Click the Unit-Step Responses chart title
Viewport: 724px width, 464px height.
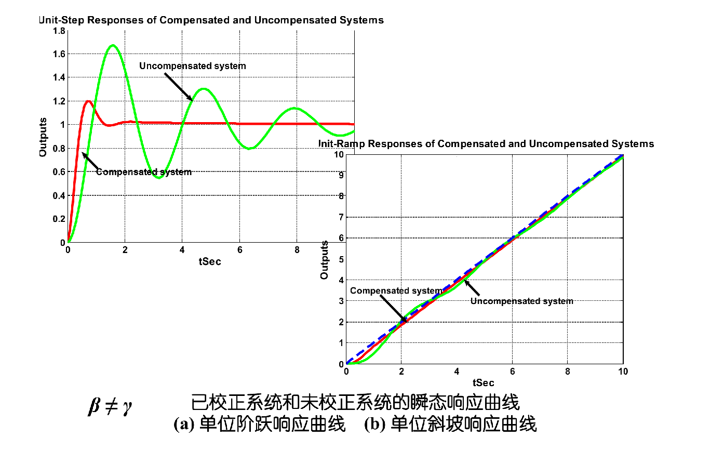211,20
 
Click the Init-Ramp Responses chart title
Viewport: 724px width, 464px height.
486,144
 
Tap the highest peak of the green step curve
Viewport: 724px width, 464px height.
113,46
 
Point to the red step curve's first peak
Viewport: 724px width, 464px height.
89,101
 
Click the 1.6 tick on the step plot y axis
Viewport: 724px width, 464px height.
59,54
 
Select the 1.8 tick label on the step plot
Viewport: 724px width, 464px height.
59,31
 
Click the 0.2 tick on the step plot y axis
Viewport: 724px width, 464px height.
59,219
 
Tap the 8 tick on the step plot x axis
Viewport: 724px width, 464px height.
297,250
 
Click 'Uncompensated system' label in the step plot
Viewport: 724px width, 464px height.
193,66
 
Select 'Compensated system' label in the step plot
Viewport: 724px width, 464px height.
144,172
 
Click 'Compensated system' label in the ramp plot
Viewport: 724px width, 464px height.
396,291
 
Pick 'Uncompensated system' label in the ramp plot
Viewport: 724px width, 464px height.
522,301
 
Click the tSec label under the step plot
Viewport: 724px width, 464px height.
210,262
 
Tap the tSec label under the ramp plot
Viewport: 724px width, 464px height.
484,383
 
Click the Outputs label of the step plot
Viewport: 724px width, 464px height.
43,137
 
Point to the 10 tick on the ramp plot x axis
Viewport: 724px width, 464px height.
623,372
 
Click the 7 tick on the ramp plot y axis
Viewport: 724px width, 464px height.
341,217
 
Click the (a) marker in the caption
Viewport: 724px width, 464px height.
183,425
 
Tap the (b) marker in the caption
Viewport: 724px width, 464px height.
374,425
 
